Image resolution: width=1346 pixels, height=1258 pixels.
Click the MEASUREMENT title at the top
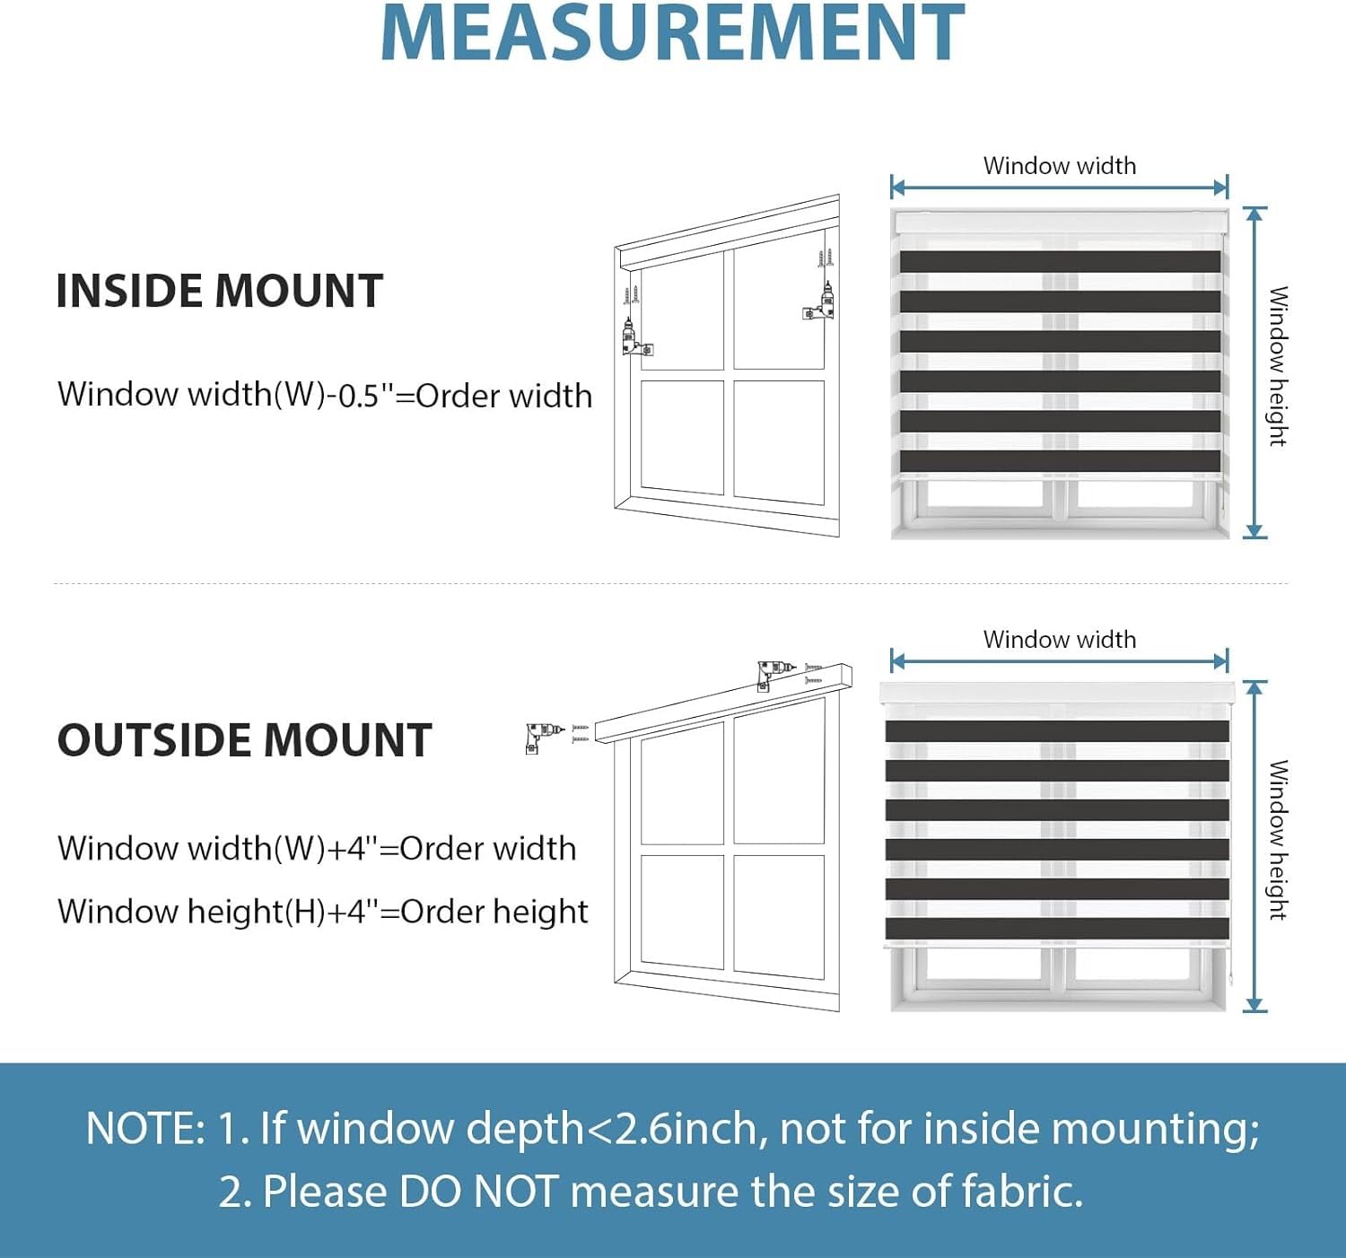click(673, 33)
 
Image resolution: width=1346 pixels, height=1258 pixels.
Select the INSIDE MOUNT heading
click(219, 291)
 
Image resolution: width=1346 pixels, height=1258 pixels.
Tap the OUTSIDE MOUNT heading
click(244, 740)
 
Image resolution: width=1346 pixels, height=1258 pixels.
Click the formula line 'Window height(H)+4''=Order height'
click(322, 912)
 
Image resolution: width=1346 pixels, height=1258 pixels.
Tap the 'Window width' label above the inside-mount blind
click(1059, 166)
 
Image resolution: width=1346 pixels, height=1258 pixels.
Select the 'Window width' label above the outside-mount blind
click(1059, 640)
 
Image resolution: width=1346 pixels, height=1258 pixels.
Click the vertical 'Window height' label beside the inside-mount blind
click(1278, 366)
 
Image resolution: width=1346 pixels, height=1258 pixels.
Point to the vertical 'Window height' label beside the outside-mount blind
click(1278, 840)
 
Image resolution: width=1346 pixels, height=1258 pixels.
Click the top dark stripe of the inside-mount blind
click(1059, 261)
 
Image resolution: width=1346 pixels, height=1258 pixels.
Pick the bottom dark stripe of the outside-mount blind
click(1057, 928)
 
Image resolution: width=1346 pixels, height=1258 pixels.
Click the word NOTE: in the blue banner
click(145, 1129)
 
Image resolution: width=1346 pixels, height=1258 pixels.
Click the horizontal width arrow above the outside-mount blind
click(1059, 662)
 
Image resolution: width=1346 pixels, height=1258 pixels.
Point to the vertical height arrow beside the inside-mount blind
click(1254, 372)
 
